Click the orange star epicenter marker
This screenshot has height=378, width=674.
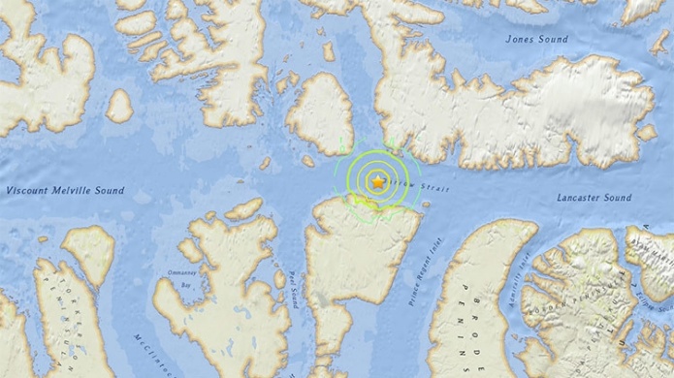pos(376,181)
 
